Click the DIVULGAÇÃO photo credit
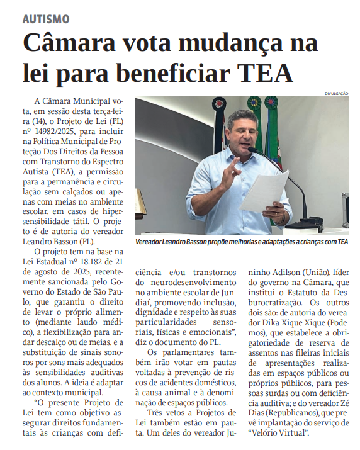(336, 93)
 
